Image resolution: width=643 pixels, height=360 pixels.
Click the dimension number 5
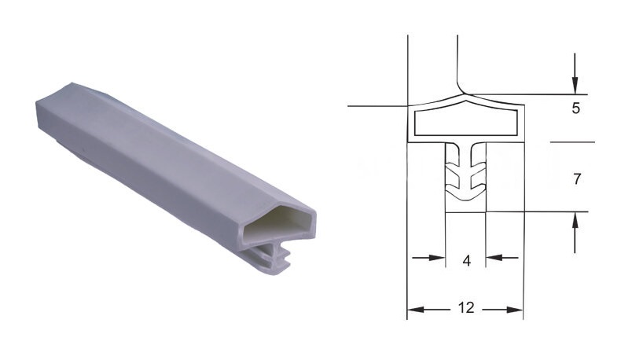[575, 108]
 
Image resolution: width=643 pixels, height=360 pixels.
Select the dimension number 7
[577, 179]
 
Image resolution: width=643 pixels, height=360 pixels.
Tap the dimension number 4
[466, 261]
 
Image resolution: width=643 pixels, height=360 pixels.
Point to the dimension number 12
[466, 307]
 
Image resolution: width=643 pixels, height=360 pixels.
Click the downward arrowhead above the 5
[575, 86]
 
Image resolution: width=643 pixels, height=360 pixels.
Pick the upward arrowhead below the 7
[575, 221]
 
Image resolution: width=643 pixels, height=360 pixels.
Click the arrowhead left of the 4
[437, 258]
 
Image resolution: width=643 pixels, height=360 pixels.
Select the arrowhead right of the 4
[494, 258]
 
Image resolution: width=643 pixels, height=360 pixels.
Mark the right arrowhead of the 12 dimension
[515, 310]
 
